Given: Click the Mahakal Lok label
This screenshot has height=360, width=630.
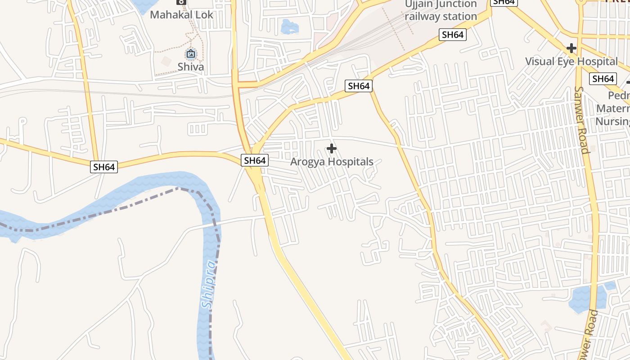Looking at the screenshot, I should coord(181,14).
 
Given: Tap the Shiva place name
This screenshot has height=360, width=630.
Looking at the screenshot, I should coord(190,67).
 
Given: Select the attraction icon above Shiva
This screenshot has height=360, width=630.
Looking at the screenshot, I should coord(191,54).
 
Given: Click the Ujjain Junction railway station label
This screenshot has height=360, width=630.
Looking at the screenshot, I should coord(441,10).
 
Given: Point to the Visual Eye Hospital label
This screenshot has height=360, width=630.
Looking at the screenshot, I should coord(571,61).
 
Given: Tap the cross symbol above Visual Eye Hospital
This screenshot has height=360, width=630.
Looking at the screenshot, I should coord(571,48).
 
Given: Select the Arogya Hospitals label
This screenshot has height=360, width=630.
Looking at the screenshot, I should coord(332,162).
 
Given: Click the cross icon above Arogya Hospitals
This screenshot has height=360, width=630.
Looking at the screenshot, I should coord(332,148).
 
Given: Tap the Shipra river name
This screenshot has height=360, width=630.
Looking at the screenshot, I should coord(209,284).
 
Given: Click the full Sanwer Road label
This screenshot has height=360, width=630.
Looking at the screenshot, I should coord(581,120).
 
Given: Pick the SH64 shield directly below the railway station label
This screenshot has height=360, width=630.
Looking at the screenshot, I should coord(453,35).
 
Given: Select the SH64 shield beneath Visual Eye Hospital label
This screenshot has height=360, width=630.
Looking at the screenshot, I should coord(603,79).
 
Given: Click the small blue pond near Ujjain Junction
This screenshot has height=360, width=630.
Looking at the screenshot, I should coord(289,27).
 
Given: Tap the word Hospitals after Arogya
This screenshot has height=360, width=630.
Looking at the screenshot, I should coord(351,162).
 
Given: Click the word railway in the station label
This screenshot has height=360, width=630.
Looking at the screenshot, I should coord(421,17).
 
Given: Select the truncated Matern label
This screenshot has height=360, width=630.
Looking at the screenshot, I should coord(613,108).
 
